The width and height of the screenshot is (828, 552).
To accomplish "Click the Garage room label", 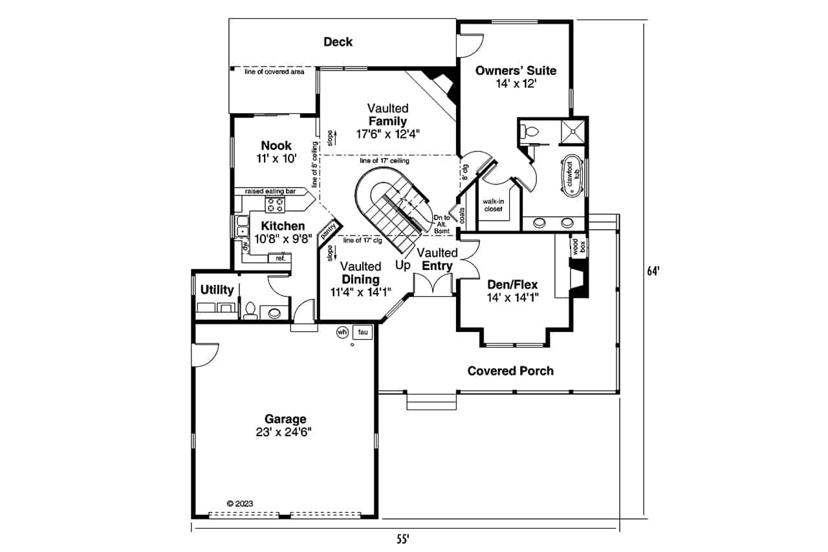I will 285,419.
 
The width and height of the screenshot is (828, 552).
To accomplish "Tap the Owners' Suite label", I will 516,71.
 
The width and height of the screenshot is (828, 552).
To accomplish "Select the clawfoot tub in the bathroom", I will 571,173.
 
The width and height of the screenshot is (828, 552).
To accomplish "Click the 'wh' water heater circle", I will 342,332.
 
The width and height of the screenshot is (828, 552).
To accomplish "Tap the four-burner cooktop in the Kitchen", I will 274,204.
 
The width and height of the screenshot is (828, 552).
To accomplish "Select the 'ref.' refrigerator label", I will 280,258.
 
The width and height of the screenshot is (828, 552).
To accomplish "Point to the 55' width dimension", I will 404,538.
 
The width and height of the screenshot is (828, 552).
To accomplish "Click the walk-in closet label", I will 493,205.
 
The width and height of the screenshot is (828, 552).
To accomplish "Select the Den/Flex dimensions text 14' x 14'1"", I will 513,297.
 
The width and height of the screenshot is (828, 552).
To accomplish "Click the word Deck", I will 338,42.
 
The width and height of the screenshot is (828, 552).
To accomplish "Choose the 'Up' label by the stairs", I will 402,265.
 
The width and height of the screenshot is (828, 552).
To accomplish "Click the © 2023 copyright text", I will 239,503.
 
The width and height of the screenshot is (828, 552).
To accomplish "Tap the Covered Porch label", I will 510,371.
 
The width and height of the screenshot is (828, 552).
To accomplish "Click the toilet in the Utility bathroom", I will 250,311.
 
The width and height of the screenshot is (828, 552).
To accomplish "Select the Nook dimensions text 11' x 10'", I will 276,159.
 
